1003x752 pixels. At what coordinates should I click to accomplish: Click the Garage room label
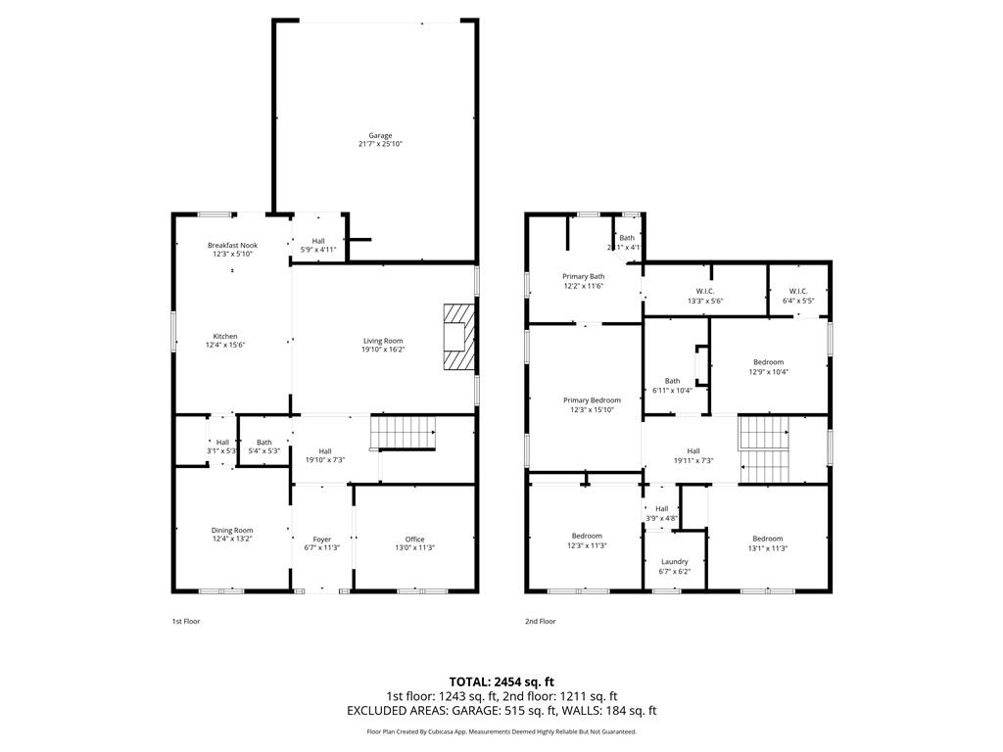point(380,136)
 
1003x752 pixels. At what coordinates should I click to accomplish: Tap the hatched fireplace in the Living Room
point(457,337)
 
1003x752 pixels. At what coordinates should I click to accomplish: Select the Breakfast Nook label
point(232,245)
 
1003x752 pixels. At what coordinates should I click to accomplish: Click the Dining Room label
point(232,530)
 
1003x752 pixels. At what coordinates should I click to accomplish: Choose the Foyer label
point(322,539)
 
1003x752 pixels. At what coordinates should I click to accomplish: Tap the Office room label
point(414,539)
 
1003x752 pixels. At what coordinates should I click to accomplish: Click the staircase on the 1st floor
point(403,432)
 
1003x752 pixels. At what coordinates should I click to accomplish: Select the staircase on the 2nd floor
point(763,448)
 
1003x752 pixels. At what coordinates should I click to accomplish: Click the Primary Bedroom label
point(592,399)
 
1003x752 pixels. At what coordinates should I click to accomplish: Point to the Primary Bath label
point(583,276)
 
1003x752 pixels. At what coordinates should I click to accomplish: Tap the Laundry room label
point(674,561)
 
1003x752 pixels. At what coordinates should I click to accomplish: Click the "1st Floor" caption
point(186,621)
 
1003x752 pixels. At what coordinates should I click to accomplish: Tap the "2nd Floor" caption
point(540,621)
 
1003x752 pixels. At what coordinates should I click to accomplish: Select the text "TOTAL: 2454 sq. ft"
point(501,681)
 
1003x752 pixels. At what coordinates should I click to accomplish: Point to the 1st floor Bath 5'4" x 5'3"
point(263,442)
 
